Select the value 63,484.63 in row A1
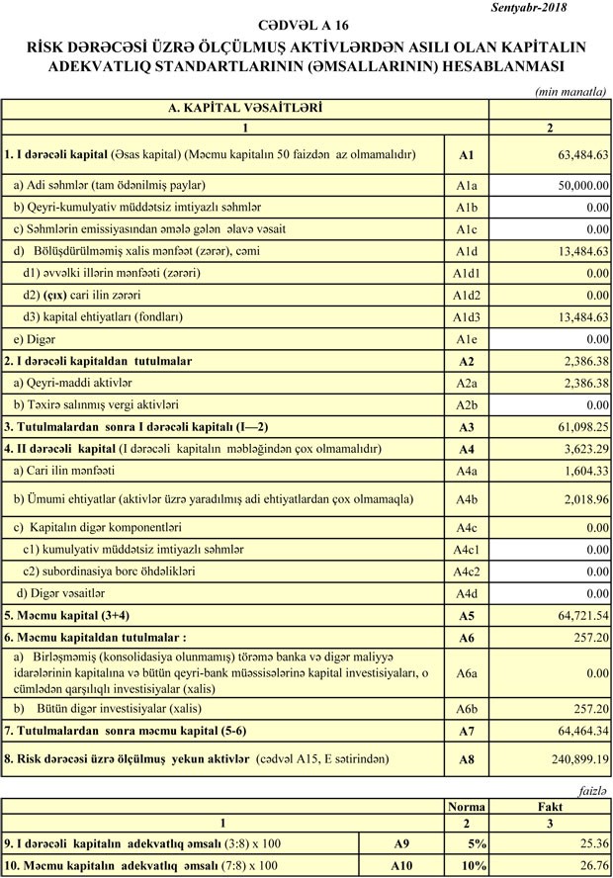coord(581,156)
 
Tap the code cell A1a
coord(467,185)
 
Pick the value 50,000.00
coord(576,186)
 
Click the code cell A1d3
coord(467,317)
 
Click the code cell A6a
coord(467,673)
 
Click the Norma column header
coord(468,807)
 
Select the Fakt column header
coord(550,807)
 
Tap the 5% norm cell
coord(477,844)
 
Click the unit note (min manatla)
coord(570,91)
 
